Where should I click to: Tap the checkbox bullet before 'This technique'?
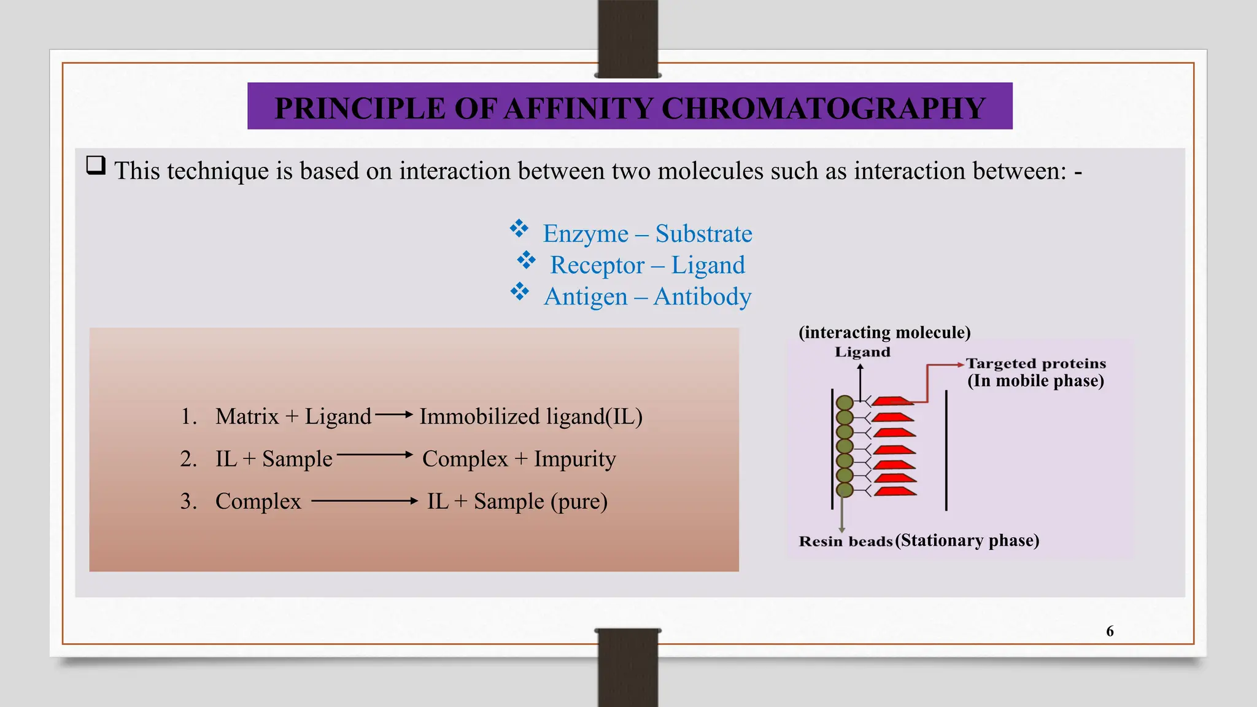coord(96,165)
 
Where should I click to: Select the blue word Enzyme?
coord(586,234)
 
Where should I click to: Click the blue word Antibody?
coord(702,297)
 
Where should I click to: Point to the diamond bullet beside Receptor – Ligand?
coord(526,260)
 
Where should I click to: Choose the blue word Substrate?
coord(703,234)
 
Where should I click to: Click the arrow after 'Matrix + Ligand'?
coord(394,415)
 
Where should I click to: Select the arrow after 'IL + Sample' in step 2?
coord(375,455)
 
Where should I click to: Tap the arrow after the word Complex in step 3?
coord(365,501)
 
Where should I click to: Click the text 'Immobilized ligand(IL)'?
coord(531,417)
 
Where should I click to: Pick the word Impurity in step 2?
coord(574,459)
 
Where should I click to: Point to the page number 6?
coord(1110,631)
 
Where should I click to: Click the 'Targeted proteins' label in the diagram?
coord(1035,363)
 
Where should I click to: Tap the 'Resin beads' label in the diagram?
coord(845,541)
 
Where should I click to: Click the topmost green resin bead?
coord(845,403)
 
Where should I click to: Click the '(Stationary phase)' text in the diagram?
coord(967,541)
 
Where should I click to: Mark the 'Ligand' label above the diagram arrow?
coord(862,352)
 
